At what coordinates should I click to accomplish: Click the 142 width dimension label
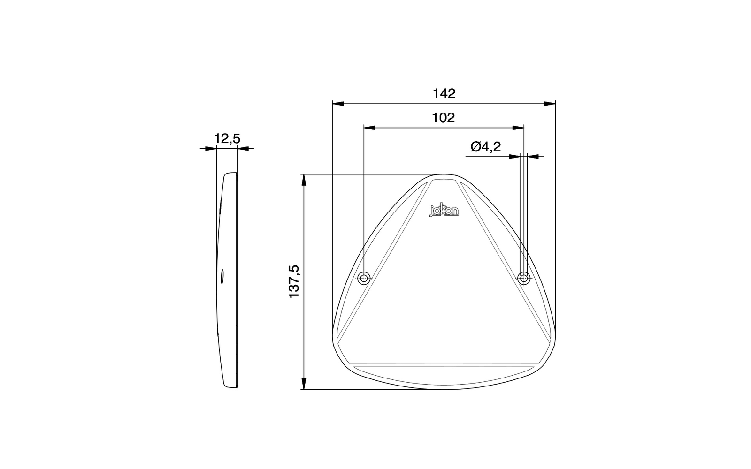(444, 93)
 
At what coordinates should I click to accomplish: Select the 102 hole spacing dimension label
(443, 118)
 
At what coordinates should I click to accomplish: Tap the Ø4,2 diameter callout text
(486, 146)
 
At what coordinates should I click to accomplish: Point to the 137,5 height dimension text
(294, 281)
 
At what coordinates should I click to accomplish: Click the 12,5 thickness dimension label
(227, 138)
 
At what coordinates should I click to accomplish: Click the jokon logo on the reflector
(444, 210)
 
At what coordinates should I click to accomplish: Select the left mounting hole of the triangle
(364, 278)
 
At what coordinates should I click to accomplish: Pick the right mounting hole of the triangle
(524, 278)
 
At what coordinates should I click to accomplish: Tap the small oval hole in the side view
(222, 277)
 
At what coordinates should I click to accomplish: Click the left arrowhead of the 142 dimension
(338, 104)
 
